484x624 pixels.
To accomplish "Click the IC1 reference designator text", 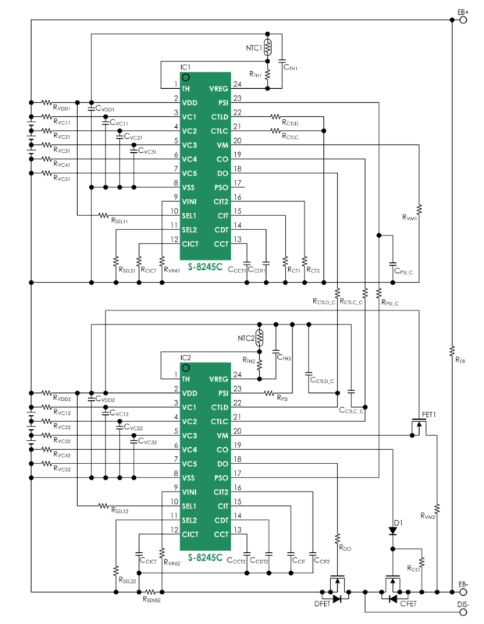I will coord(185,69).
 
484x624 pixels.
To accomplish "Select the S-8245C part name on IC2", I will coord(205,558).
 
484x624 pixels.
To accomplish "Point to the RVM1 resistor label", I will coord(411,218).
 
